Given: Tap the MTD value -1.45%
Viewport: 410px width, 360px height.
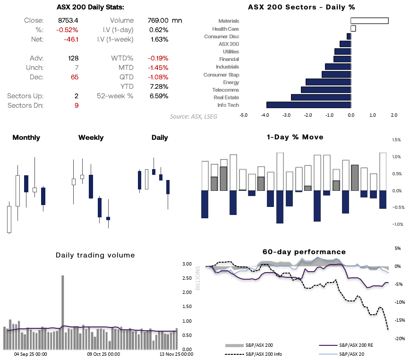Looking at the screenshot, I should [x=158, y=68].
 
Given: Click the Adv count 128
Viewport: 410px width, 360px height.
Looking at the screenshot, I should [x=73, y=58].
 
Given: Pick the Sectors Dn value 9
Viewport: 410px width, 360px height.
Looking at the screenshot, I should [x=76, y=105].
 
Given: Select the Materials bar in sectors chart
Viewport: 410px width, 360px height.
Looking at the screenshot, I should [x=369, y=21].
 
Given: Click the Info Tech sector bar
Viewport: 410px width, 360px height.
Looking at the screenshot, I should [x=308, y=105].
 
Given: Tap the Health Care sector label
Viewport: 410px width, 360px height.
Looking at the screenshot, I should [x=225, y=29].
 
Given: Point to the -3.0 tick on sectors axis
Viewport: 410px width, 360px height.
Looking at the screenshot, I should [x=286, y=115].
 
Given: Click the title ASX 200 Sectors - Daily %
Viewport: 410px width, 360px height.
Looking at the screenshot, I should [x=301, y=7].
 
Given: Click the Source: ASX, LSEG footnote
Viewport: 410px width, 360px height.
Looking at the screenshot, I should [x=194, y=116].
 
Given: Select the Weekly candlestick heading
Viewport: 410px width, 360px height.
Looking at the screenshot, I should [x=91, y=137].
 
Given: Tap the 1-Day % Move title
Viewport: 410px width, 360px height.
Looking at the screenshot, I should [x=302, y=137].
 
